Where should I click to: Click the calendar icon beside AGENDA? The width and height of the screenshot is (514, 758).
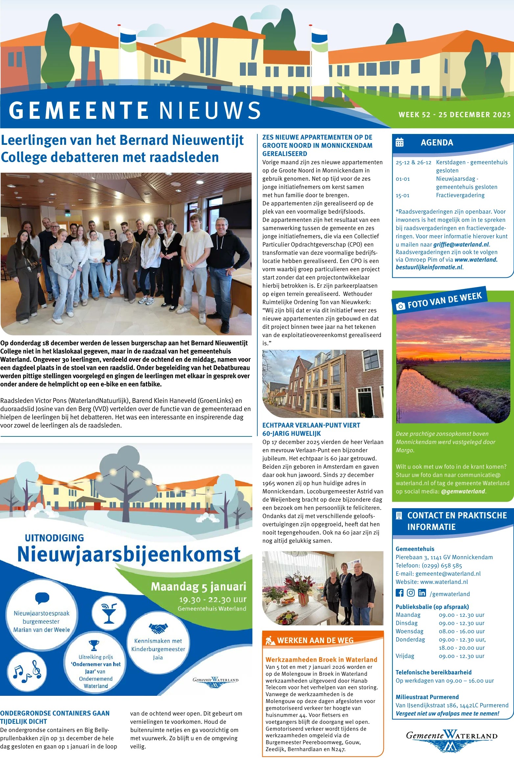399,143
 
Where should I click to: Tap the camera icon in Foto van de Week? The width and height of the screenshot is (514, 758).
400,306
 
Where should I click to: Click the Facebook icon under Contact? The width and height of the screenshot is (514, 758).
399,593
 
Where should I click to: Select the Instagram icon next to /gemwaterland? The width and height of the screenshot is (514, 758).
411,593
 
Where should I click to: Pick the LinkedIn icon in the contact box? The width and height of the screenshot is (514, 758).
422,593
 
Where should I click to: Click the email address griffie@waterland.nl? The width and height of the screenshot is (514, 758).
461,245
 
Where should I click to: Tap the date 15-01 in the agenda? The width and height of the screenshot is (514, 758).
403,196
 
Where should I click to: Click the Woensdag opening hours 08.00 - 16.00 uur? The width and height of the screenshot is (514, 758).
462,631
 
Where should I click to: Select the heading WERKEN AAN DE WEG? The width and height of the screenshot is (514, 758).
315,640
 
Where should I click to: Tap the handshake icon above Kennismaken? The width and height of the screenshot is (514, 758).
158,628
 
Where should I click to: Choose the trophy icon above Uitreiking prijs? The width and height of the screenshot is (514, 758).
94,645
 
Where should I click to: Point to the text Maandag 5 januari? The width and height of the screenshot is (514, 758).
198,587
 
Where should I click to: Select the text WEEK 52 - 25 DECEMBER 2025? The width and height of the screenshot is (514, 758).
455,115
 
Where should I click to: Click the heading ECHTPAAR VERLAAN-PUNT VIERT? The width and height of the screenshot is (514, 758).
311,425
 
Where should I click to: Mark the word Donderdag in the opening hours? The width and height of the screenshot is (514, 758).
410,640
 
